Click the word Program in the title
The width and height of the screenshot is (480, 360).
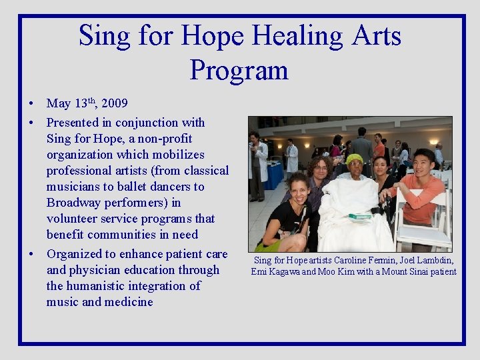click(x=239, y=70)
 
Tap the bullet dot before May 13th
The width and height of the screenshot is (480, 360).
click(x=31, y=104)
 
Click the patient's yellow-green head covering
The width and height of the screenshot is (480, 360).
click(x=354, y=159)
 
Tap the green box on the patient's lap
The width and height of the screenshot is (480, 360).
click(x=359, y=216)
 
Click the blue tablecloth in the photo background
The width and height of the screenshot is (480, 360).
click(x=274, y=176)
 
